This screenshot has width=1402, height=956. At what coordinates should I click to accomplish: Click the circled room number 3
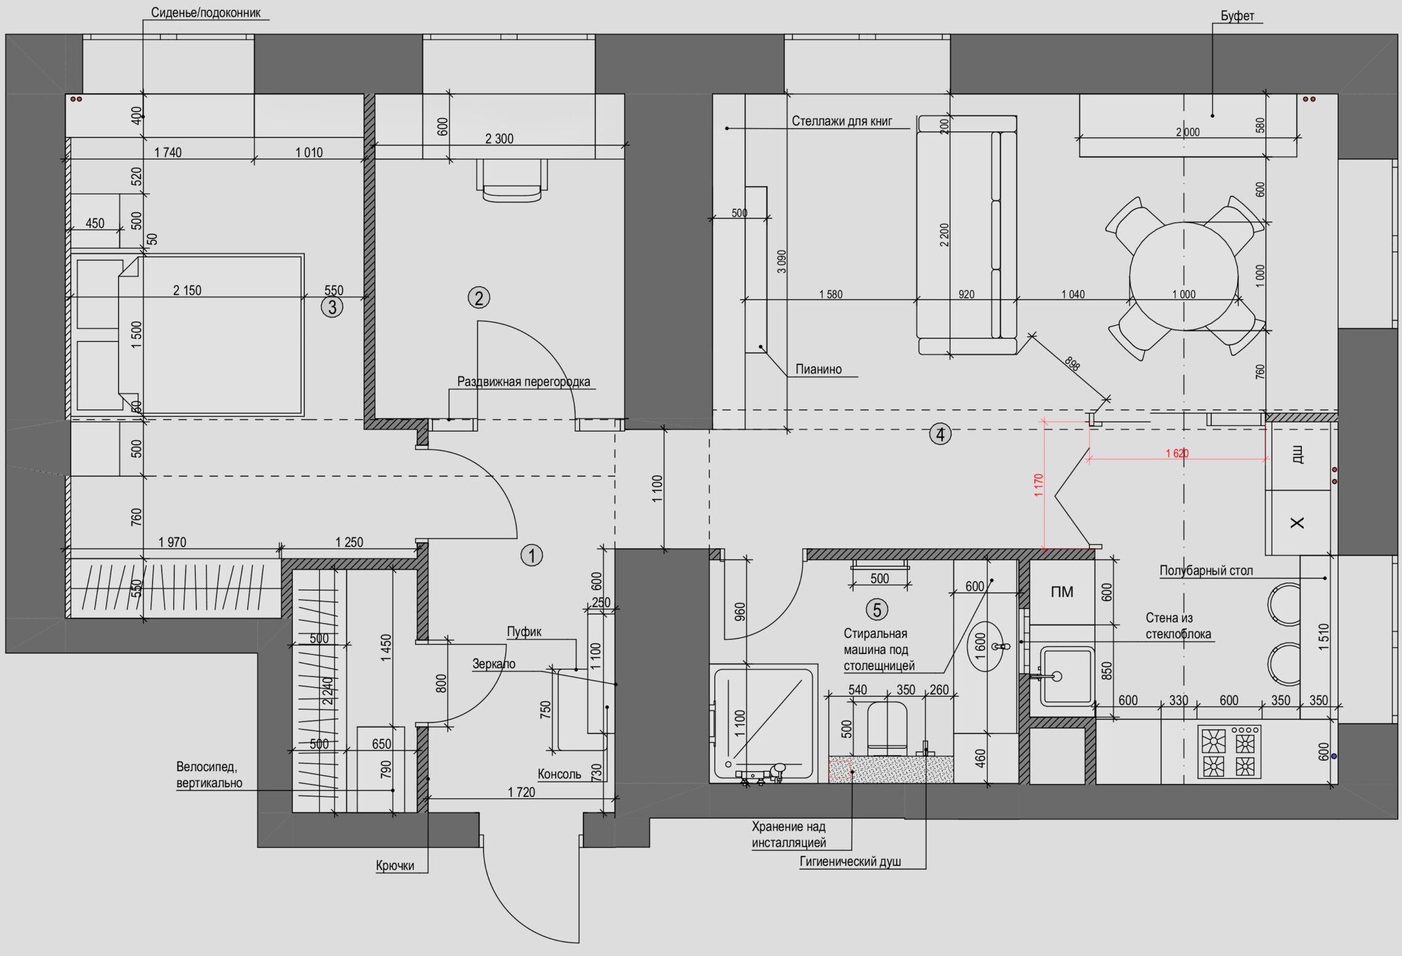click(x=332, y=307)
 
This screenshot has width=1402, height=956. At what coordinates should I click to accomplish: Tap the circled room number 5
click(x=877, y=610)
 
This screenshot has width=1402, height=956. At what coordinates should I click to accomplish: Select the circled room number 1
click(x=532, y=556)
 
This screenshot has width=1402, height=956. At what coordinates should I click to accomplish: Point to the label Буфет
click(x=1237, y=16)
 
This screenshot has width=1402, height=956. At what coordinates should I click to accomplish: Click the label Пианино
click(x=819, y=369)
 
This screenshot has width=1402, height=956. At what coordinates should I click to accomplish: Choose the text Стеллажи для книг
click(x=841, y=121)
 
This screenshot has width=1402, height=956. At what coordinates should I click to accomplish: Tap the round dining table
click(x=1184, y=276)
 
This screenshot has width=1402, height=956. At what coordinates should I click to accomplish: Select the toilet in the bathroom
click(x=887, y=729)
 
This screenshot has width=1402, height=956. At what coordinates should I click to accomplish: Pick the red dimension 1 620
click(x=1177, y=453)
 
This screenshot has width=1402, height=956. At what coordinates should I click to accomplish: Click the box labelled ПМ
click(x=1062, y=592)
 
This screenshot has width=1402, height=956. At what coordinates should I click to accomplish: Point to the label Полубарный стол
click(x=1206, y=570)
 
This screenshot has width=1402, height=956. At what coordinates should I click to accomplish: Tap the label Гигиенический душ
click(x=850, y=861)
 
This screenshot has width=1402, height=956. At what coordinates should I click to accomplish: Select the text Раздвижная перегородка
click(x=523, y=381)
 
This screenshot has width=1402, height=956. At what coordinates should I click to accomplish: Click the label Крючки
click(x=395, y=866)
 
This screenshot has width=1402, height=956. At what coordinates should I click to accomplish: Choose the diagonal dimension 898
click(x=1072, y=363)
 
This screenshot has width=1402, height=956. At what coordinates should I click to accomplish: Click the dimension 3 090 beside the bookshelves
click(x=781, y=262)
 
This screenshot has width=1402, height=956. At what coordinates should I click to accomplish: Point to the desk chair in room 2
click(x=512, y=181)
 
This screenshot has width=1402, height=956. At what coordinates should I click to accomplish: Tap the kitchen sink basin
click(x=1067, y=675)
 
